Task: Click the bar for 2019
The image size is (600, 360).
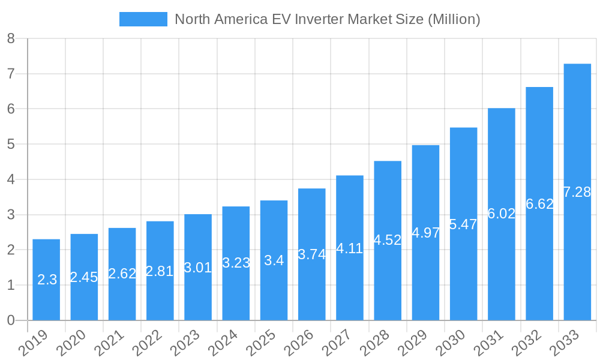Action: [46, 280]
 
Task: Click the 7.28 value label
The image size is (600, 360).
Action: [577, 192]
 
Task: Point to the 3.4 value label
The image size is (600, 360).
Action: [274, 261]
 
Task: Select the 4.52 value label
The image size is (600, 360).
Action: [388, 240]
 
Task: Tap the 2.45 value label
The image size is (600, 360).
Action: [84, 277]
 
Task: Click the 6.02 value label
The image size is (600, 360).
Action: [502, 214]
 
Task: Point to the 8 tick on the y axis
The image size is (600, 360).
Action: [11, 39]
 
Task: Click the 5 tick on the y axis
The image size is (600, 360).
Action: [11, 145]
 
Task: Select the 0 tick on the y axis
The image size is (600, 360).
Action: [11, 320]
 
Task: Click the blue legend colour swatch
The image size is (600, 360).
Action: [143, 19]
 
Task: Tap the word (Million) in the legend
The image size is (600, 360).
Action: [454, 19]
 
